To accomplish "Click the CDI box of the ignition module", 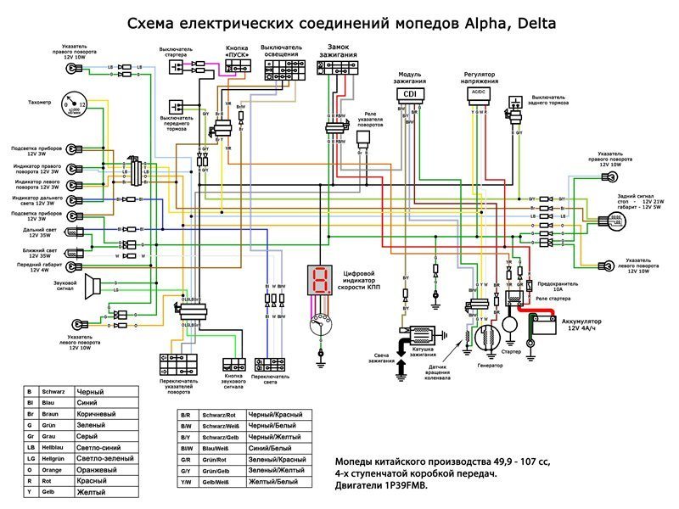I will coord(410,93).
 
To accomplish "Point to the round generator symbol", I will coord(488,338).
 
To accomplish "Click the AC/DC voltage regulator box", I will coord(478,93).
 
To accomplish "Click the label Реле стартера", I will coord(552,300).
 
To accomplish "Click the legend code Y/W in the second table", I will coord(186,482).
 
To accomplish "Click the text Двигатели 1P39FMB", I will coord(381,488).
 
